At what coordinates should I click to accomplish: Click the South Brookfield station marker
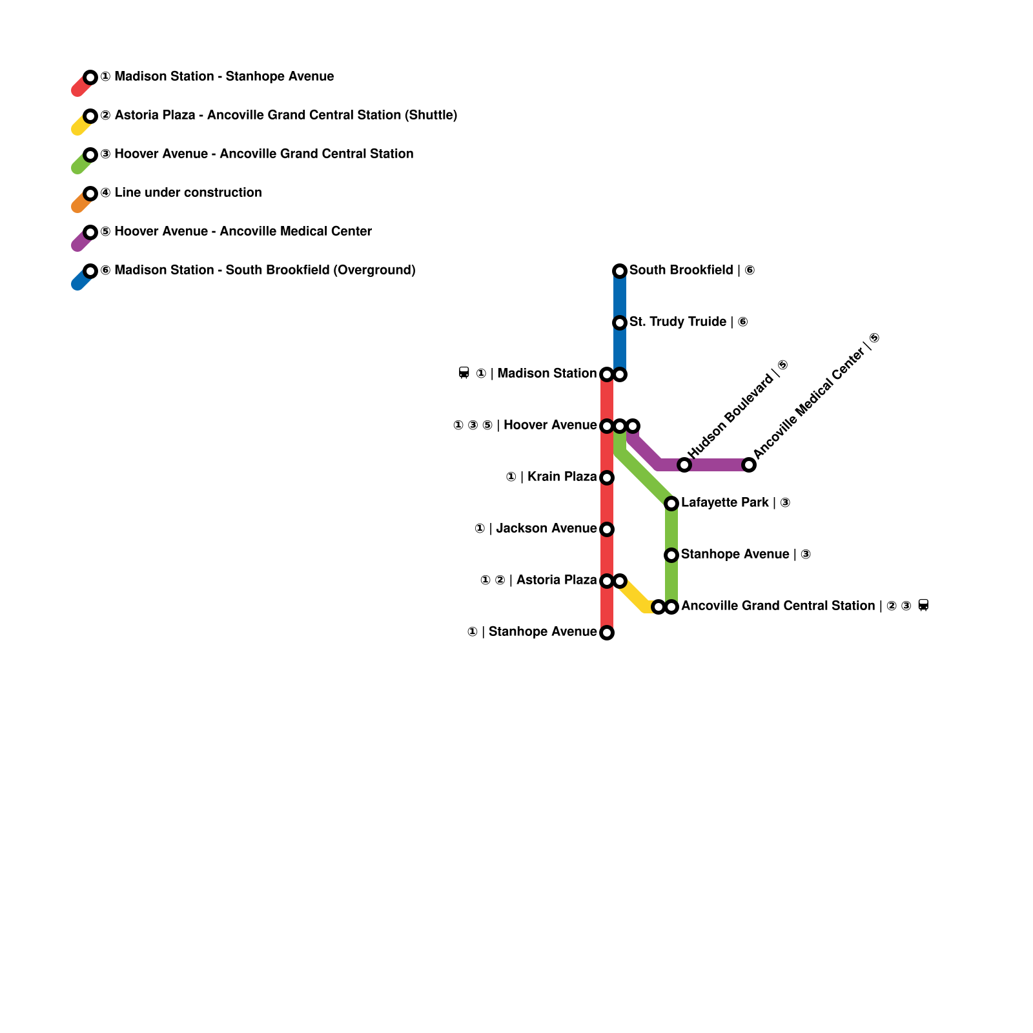point(620,271)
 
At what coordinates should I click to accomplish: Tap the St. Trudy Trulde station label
point(688,322)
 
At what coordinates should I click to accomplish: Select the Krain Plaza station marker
point(607,478)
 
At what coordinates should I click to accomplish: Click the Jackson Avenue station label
point(535,528)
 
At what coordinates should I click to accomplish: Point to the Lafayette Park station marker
point(671,504)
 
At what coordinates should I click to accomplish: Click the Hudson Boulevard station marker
point(684,465)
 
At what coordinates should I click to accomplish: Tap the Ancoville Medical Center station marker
point(749,465)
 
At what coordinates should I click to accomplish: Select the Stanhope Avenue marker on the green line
point(671,555)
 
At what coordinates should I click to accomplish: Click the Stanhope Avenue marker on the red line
point(607,633)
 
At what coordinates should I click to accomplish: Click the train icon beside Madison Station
point(464,373)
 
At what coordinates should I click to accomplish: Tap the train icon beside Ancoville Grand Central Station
point(923,606)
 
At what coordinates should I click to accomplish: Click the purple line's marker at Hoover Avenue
point(633,426)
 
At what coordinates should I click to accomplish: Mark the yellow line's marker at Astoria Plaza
point(620,581)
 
